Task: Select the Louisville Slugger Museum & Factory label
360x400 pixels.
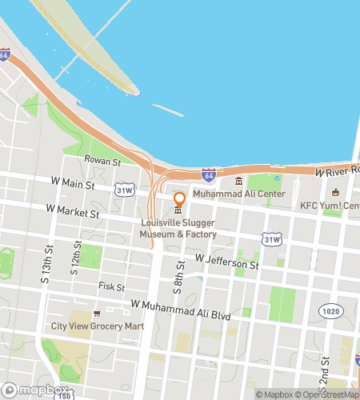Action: tap(178, 228)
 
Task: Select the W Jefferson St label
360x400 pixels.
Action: tap(228, 262)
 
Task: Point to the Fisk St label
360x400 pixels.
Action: tap(112, 286)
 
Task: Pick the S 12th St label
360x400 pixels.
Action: tap(77, 258)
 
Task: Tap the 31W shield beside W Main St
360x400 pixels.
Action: tap(124, 190)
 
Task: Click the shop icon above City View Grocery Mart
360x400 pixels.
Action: tap(96, 314)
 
